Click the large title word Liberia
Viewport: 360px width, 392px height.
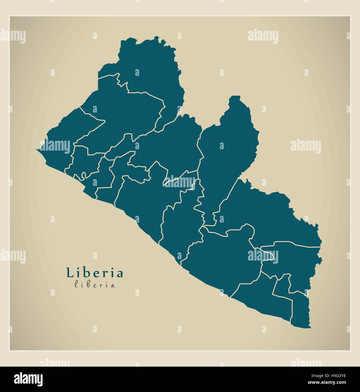coord(95,273)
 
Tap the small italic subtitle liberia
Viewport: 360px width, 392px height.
coord(95,285)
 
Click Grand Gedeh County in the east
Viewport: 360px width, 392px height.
coord(268,214)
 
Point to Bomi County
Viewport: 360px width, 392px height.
coord(85,161)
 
